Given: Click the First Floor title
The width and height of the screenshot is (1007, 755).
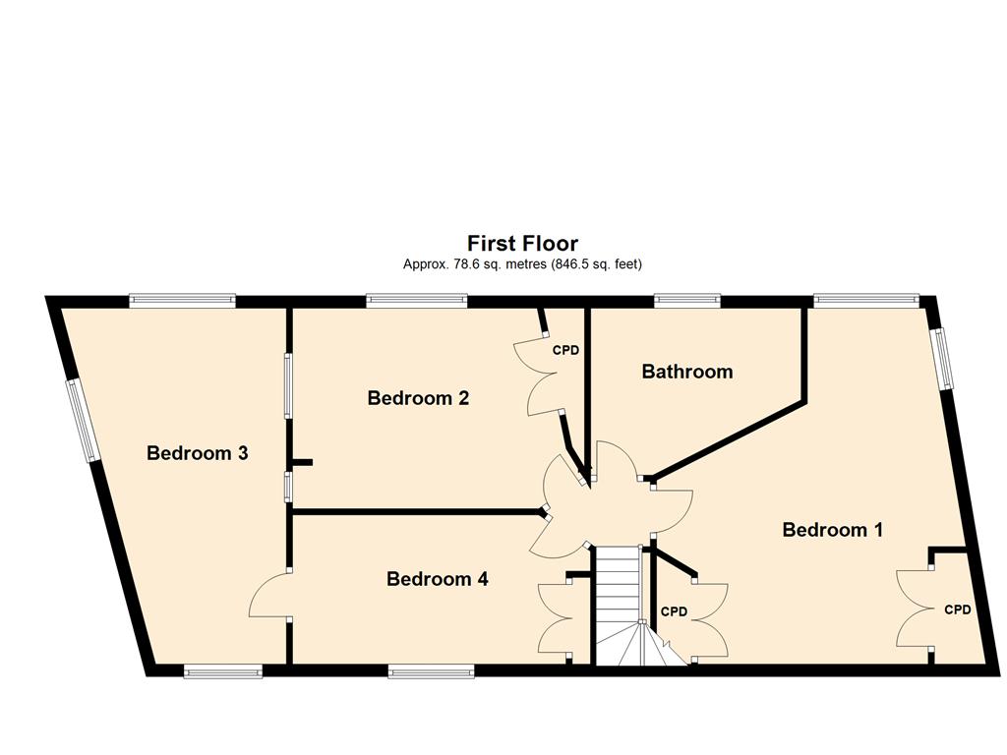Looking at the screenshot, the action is (522, 244).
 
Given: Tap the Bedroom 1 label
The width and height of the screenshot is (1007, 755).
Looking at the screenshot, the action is (832, 530).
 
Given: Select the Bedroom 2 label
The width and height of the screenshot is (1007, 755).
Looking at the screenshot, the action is (418, 398).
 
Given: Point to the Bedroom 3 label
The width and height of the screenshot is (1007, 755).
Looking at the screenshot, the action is (197, 453).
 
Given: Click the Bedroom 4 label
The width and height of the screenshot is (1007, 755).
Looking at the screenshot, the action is (438, 579).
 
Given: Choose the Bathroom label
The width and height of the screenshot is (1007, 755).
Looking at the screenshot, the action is (687, 371).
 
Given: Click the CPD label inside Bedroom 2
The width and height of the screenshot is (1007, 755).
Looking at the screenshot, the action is (565, 351).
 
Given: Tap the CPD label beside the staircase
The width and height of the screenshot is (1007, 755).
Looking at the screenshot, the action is (674, 611).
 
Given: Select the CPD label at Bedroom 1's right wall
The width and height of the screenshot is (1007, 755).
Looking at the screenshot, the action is (958, 610).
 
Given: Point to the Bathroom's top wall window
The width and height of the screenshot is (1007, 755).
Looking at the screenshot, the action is (687, 301).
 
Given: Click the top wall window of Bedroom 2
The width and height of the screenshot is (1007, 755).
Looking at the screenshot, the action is (417, 301).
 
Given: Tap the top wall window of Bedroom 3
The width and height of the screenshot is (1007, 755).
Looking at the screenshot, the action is (182, 301).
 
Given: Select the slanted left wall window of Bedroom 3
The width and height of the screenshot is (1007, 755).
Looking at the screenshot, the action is (83, 421).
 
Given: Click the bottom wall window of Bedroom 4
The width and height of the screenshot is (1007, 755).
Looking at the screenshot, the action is (431, 672).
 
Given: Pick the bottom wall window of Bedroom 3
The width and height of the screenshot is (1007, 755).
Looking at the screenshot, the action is (223, 672).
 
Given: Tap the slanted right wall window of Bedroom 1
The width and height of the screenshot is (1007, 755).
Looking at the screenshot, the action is (943, 359).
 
